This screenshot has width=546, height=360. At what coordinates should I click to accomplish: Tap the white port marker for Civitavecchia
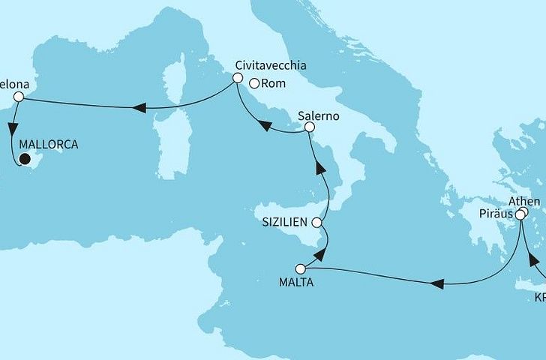point(237,78)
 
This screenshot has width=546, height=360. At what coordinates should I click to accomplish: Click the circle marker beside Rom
point(254,83)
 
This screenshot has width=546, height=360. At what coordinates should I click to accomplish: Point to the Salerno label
point(319,116)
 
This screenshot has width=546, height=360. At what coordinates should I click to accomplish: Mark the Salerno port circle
point(307,129)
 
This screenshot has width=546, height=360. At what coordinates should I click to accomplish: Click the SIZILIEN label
point(286,223)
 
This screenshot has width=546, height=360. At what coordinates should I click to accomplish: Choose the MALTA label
point(295,283)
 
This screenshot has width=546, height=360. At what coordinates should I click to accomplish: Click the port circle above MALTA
point(301,268)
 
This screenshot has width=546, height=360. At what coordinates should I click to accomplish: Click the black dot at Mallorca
point(24,158)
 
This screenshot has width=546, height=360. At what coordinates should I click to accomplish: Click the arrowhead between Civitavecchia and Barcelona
point(139,109)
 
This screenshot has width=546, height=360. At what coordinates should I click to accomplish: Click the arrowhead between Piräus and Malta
point(437,283)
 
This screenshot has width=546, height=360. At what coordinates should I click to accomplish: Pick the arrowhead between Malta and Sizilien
point(319,255)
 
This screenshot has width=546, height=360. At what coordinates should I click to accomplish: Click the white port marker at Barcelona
point(20,97)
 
